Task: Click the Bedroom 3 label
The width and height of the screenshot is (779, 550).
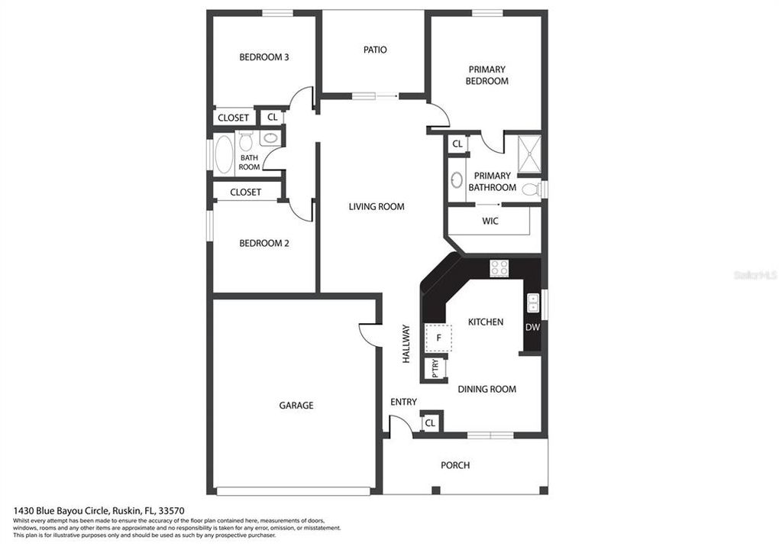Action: (263, 57)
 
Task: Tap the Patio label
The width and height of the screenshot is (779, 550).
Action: (374, 50)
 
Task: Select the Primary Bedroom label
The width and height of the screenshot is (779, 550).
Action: (486, 75)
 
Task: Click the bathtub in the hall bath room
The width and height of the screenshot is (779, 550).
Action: (224, 155)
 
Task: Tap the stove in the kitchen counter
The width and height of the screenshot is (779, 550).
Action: (499, 267)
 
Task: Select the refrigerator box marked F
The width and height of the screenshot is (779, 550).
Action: (438, 337)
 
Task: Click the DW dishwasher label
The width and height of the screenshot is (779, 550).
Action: (532, 327)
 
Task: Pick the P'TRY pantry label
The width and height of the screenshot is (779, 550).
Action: (435, 369)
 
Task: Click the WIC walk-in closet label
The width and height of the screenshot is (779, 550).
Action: (490, 222)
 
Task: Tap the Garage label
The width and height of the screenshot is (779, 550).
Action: (296, 406)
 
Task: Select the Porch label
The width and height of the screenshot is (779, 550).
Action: (455, 465)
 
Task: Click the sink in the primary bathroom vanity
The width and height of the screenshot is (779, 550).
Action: (457, 180)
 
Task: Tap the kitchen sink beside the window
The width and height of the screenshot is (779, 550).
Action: (532, 302)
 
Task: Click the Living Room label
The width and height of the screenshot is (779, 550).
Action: (377, 206)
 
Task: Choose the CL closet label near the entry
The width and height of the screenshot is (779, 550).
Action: (430, 422)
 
